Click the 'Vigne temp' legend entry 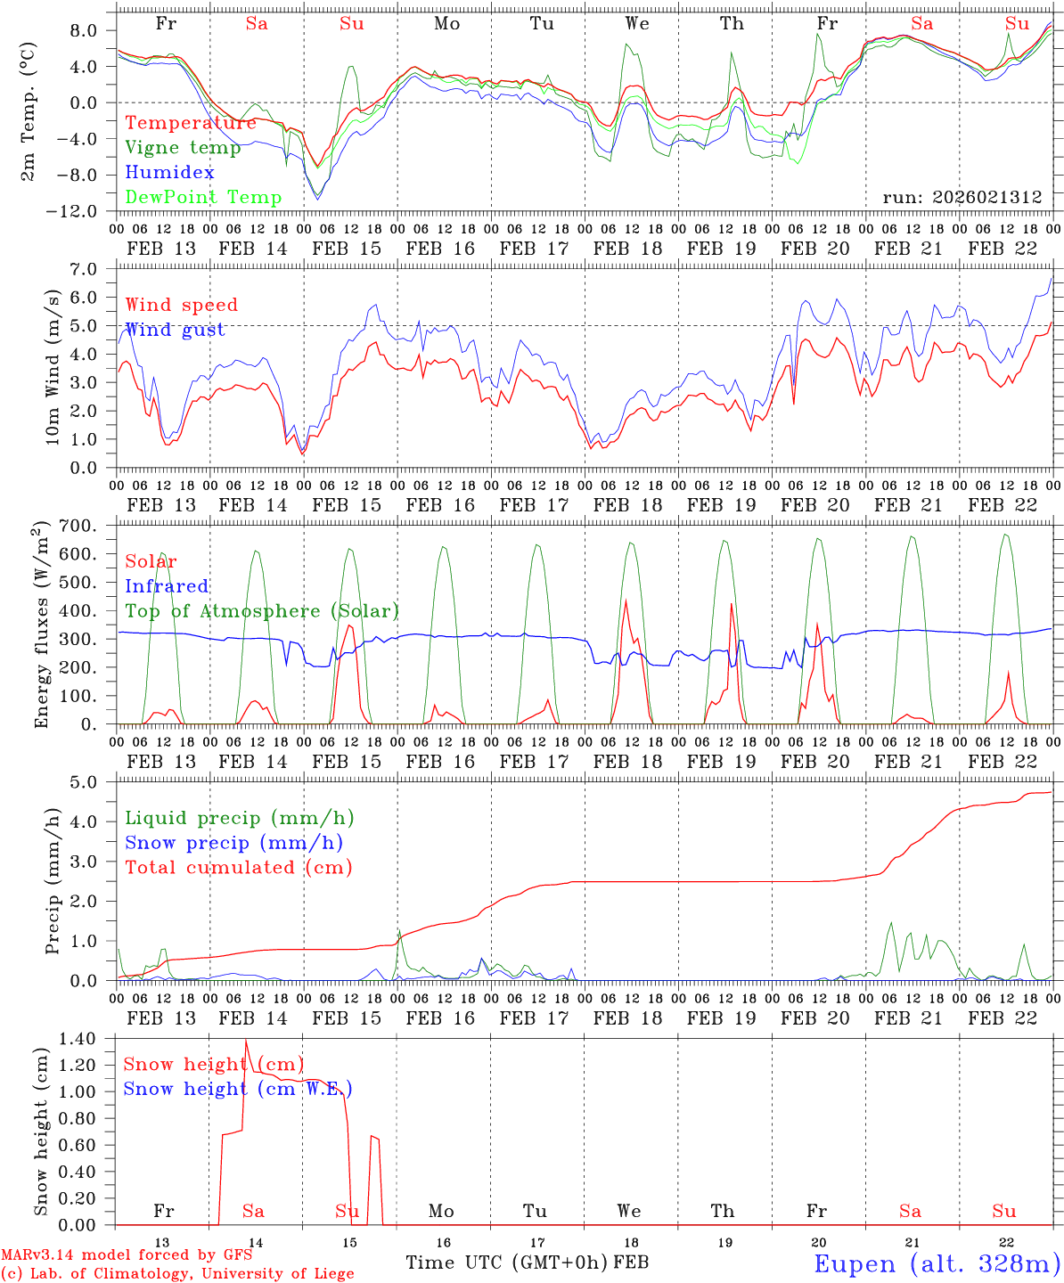pos(183,148)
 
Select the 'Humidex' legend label pos(170,173)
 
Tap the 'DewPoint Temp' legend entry pos(203,198)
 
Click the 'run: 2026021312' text pos(962,198)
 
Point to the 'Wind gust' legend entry pos(175,331)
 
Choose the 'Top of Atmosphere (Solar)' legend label pos(262,611)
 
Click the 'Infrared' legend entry pos(167,586)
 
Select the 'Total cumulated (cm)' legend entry pos(239,868)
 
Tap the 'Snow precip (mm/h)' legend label pos(233,843)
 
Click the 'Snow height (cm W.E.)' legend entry pos(237,1089)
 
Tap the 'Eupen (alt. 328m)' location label pos(937,1263)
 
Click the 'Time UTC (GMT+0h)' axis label pos(506,1263)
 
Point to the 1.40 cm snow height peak pos(246,1041)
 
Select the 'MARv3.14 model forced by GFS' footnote pos(127,1256)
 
